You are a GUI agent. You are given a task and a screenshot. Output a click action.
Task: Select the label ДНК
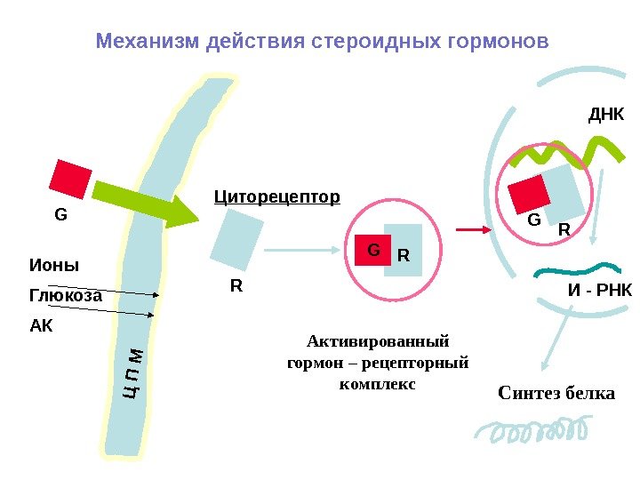pyautogui.click(x=608, y=116)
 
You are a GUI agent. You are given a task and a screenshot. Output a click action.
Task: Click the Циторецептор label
pyautogui.click(x=277, y=196)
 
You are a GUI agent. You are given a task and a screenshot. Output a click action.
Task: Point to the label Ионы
pyautogui.click(x=54, y=266)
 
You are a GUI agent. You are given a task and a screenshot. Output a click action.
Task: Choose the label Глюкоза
pyautogui.click(x=66, y=296)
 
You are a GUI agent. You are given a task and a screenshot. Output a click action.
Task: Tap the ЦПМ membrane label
pyautogui.click(x=134, y=372)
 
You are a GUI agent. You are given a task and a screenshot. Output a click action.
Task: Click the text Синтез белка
pyautogui.click(x=556, y=392)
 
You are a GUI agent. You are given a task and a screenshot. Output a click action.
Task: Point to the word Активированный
pyautogui.click(x=378, y=340)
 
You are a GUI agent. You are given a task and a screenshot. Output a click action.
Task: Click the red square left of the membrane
pyautogui.click(x=70, y=180)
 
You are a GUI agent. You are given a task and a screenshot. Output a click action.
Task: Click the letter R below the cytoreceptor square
pyautogui.click(x=236, y=286)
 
